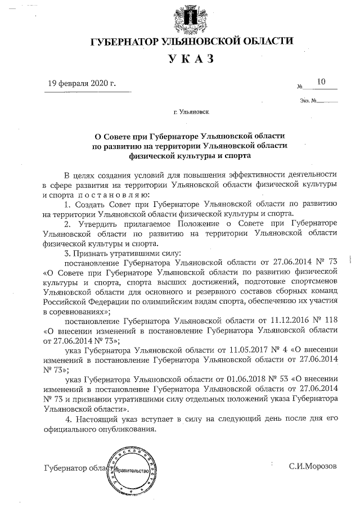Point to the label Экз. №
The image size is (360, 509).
(310, 102)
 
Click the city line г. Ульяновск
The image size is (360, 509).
(191, 112)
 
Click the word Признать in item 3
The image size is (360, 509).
(94, 253)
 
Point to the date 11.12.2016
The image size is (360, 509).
(291, 321)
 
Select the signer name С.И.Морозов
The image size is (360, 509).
(313, 467)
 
